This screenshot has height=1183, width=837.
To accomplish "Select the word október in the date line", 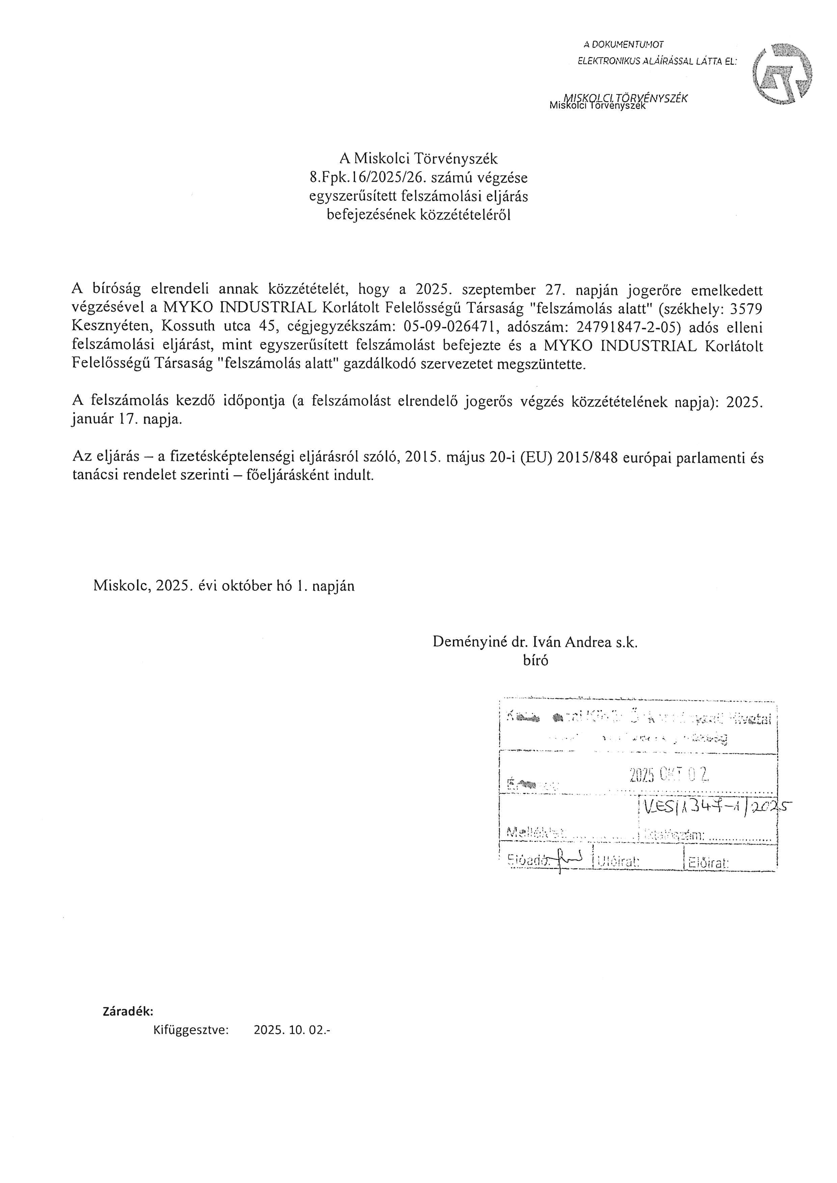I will (x=245, y=586).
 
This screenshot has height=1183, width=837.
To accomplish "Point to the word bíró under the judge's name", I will (x=536, y=660).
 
